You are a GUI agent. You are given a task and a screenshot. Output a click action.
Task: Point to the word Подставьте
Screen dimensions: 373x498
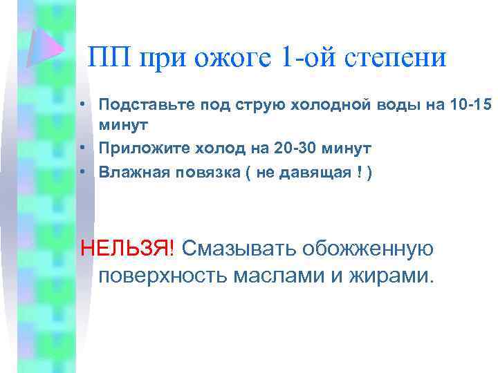[138, 104]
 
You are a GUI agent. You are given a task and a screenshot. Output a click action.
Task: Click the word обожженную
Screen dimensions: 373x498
[373, 247]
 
